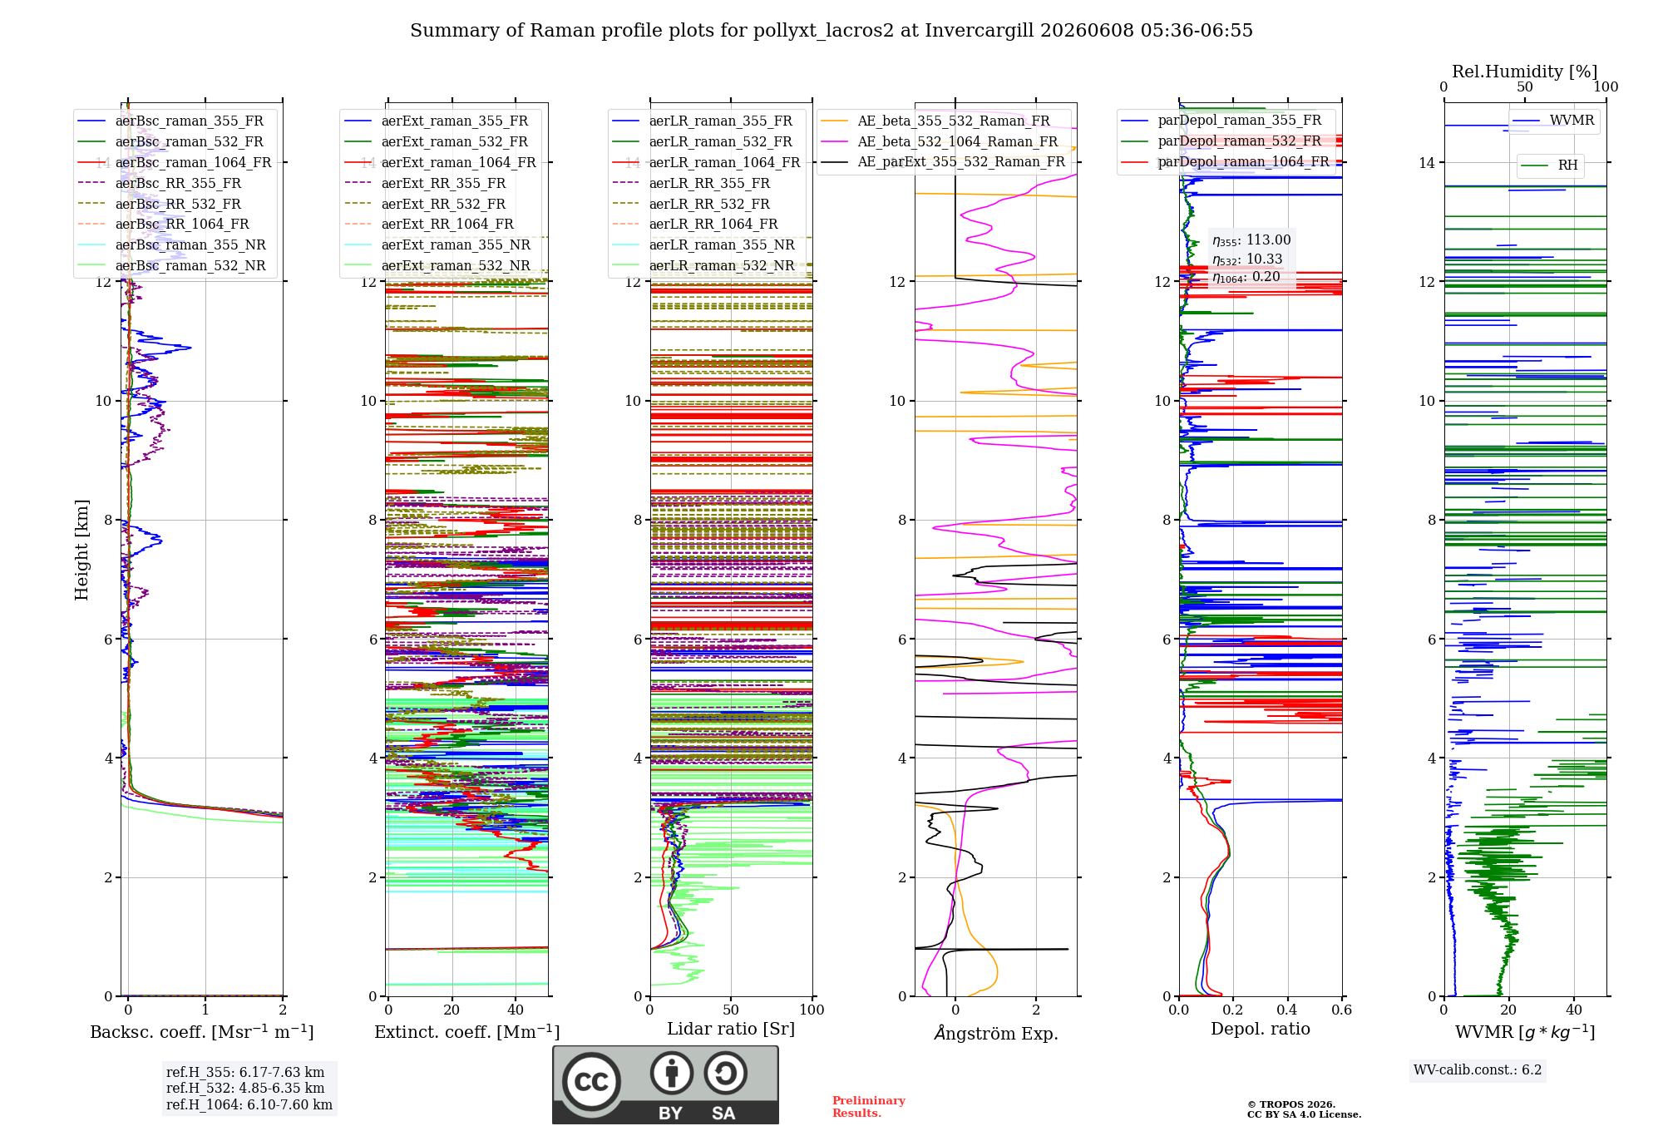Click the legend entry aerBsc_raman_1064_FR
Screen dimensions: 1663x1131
175,162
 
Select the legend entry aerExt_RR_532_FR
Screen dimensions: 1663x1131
425,204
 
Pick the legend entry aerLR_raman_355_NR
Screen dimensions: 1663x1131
703,244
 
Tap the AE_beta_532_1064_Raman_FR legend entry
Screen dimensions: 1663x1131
940,141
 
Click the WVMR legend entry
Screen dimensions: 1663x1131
1554,121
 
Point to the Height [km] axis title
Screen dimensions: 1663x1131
81,550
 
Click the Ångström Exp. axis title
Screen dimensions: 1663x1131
996,1033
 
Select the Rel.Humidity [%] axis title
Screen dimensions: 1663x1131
1525,72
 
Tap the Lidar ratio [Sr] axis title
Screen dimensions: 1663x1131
731,1030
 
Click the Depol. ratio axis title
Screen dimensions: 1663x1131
1261,1029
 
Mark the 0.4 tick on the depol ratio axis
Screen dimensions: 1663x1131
1288,1010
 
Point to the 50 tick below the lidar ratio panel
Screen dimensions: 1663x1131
731,1010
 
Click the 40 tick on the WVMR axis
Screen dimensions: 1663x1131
1574,1010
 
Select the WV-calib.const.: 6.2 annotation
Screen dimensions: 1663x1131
1478,1070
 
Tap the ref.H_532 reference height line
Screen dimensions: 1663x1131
245,1088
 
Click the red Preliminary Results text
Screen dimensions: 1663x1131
869,1107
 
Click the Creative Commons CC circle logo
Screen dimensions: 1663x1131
591,1082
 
